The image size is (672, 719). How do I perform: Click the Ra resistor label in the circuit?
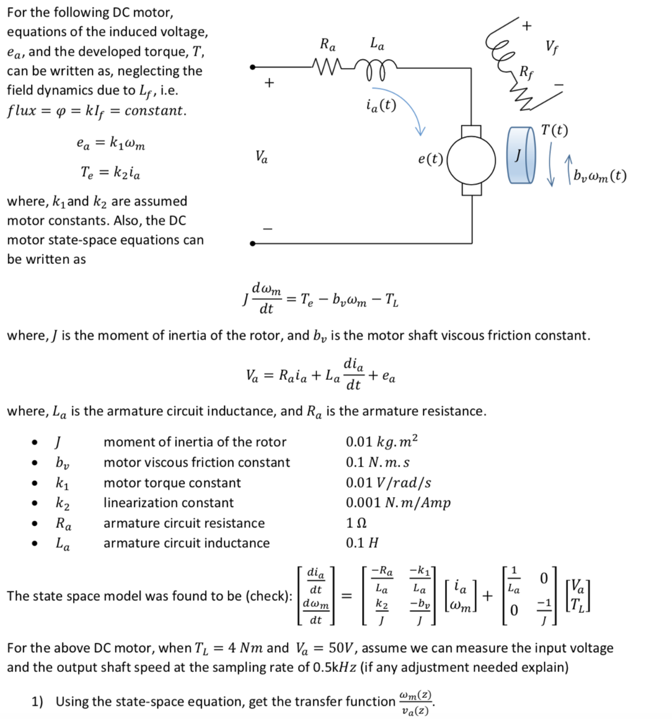pos(328,46)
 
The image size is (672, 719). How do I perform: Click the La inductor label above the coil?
pos(377,46)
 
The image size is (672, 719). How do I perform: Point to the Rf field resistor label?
pos(526,71)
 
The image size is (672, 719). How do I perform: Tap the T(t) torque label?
pos(555,131)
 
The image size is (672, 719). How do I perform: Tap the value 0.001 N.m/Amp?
pos(398,503)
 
